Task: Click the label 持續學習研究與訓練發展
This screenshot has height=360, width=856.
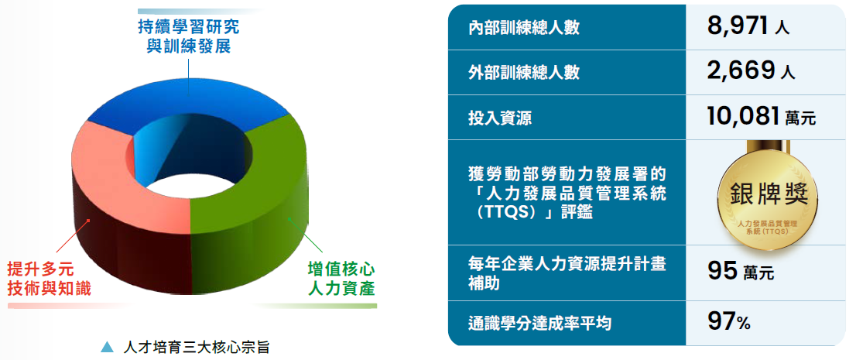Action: click(188, 36)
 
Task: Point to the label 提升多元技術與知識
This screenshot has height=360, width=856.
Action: click(49, 279)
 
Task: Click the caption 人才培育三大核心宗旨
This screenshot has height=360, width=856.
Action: click(197, 346)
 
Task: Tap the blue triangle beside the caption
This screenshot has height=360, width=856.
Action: click(108, 346)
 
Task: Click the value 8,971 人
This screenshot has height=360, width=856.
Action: click(748, 26)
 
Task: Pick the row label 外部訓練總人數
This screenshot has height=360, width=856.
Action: click(524, 73)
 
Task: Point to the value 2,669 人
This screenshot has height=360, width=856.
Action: click(752, 70)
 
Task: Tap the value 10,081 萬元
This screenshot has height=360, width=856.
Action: click(762, 116)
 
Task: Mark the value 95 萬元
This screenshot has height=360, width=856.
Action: click(740, 272)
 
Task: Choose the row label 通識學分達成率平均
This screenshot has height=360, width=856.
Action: click(540, 324)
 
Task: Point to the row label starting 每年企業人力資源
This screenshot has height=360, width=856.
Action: click(568, 273)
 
